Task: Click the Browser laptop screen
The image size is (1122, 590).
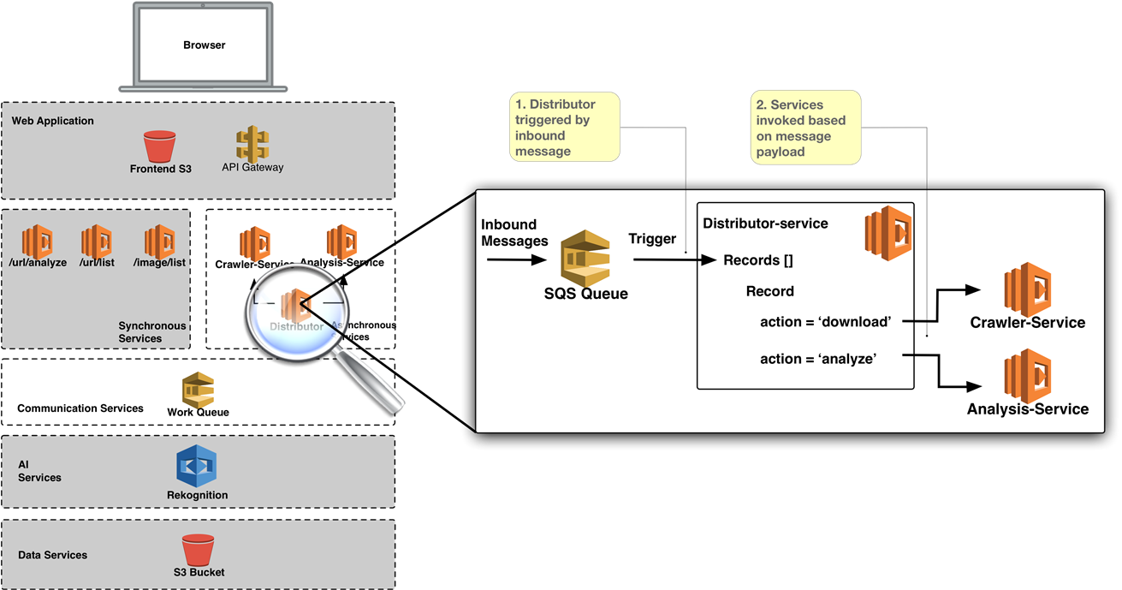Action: tap(204, 45)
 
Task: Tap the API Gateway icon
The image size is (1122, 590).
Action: tap(252, 145)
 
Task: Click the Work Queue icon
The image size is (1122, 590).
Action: tap(198, 390)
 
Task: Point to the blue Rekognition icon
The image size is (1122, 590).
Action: tap(197, 467)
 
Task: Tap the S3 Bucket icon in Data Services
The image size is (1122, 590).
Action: tap(198, 550)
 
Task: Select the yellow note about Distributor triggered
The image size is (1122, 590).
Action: tap(564, 127)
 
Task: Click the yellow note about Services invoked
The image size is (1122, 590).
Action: tap(806, 127)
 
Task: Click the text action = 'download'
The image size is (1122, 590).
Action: tap(825, 322)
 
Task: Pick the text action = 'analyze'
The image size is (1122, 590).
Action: tap(817, 359)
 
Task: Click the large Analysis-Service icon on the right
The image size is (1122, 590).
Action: tap(1027, 375)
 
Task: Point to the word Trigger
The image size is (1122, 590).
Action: tap(652, 239)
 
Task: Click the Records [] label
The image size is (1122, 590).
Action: tap(763, 259)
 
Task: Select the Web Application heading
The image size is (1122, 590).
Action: tap(53, 121)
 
